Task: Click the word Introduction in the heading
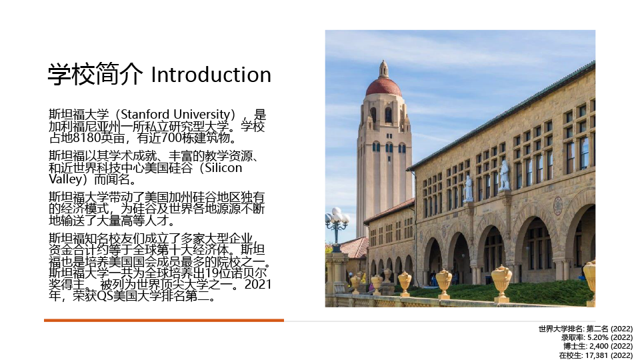211,75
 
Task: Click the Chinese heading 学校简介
95,74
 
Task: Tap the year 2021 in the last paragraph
258,284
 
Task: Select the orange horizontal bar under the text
164,321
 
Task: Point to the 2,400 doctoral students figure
599,347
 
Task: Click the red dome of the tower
383,87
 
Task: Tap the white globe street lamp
337,216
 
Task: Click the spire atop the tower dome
383,69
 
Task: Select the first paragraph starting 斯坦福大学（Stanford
157,126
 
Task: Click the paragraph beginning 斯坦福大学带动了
157,209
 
